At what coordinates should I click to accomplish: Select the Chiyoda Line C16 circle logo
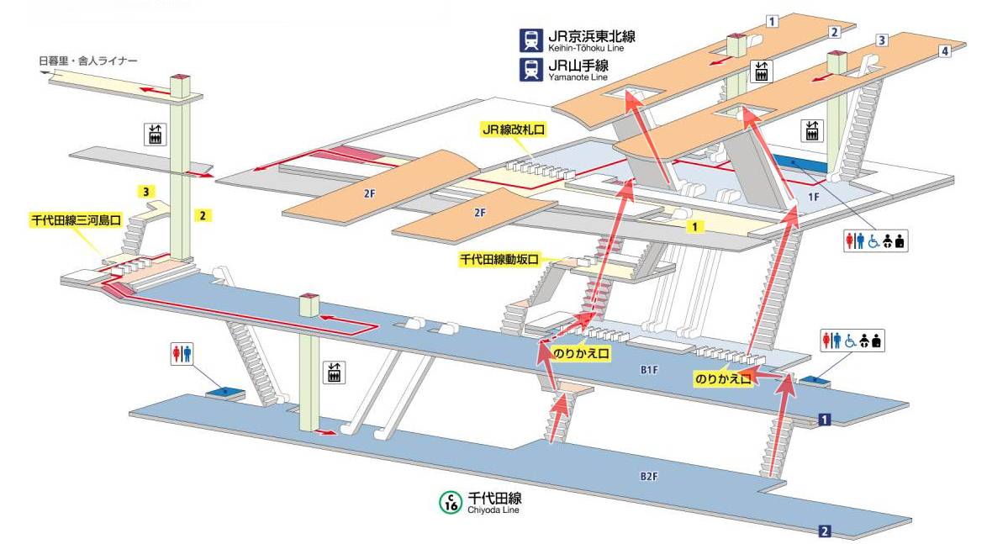tap(451, 502)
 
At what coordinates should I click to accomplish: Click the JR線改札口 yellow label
tap(513, 130)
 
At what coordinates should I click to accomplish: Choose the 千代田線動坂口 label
tap(499, 260)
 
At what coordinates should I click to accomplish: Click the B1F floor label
tap(648, 369)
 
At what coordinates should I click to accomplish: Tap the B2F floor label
tap(648, 477)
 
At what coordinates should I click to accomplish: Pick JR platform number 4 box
tap(945, 51)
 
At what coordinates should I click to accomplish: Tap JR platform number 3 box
tap(882, 40)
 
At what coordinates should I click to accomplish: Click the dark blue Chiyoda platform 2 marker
tap(825, 531)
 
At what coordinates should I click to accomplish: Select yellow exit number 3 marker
tap(146, 193)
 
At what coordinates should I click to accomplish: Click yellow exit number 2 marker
tap(203, 215)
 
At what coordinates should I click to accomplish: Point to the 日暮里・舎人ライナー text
tap(87, 61)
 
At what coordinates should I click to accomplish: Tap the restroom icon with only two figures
tap(182, 354)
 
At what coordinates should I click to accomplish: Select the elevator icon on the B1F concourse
tap(335, 372)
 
